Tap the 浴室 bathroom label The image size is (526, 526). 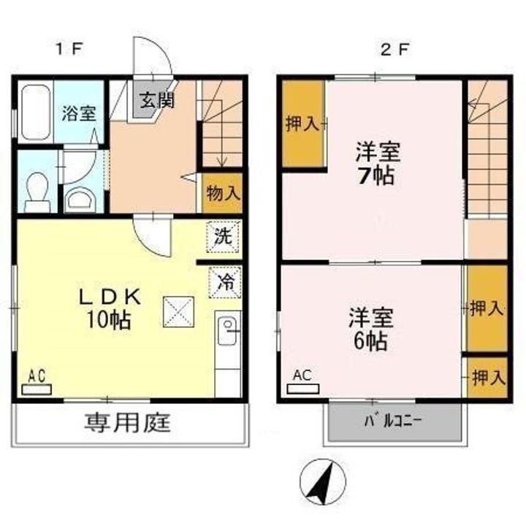(x=78, y=115)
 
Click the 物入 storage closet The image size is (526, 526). (x=222, y=194)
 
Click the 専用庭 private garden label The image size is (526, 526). (x=128, y=422)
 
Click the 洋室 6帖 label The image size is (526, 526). (x=370, y=329)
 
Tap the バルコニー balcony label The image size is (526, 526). (x=395, y=422)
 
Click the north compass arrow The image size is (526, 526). (x=322, y=481)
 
